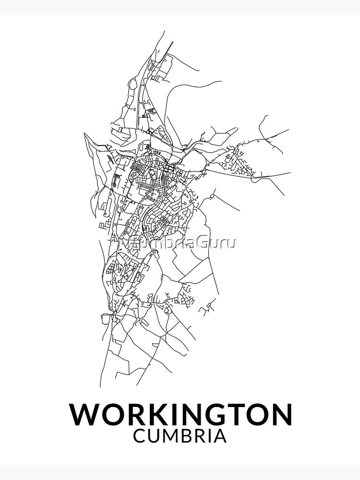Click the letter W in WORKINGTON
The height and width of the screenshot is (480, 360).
tap(86, 414)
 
